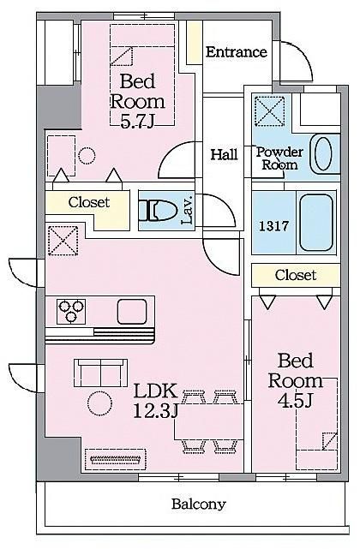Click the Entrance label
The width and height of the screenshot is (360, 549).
(x=237, y=52)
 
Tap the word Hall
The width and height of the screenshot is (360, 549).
(x=224, y=154)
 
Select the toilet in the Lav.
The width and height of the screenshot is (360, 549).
(x=158, y=210)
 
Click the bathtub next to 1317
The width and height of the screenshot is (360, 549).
(x=315, y=223)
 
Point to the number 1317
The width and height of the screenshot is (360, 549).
(x=273, y=226)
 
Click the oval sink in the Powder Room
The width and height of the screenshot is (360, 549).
(x=323, y=153)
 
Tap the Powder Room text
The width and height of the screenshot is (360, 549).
(x=279, y=158)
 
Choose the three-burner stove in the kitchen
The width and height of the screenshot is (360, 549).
(x=71, y=311)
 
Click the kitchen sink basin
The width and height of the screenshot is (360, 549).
(x=132, y=311)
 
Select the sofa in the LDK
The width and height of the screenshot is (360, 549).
(x=100, y=373)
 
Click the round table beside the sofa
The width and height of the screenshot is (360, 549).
(x=99, y=403)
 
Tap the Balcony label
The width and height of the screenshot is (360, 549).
(x=199, y=504)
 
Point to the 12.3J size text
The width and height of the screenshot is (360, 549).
(x=155, y=411)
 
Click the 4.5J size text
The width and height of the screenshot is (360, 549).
(x=295, y=401)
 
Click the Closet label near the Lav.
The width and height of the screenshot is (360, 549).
(x=89, y=202)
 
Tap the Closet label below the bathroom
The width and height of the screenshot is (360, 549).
(x=296, y=275)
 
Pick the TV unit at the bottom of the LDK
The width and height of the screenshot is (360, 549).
(x=116, y=459)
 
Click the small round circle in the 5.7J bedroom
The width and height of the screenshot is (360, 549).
(x=87, y=156)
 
